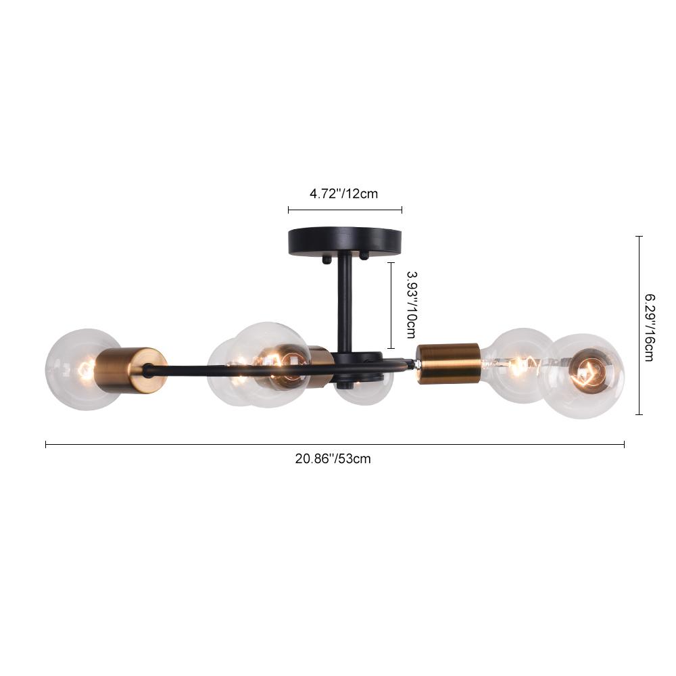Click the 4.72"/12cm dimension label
[343, 194]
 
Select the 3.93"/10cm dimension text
[412, 304]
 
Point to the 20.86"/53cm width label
[333, 458]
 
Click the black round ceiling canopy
[345, 242]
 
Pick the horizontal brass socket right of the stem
[448, 362]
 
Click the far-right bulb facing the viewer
[585, 376]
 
